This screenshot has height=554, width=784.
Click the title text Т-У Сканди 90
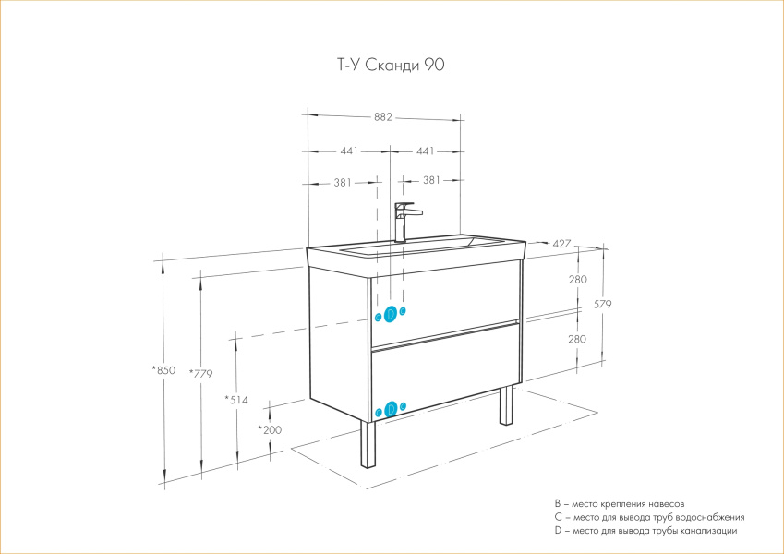tap(391, 65)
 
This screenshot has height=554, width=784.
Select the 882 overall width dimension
tap(383, 117)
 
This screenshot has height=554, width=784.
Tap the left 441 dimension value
tap(349, 151)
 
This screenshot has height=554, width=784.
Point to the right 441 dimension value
tap(426, 151)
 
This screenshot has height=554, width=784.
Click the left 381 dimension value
tap(343, 183)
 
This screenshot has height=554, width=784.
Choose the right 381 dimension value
tap(431, 180)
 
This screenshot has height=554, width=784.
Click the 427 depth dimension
tap(561, 244)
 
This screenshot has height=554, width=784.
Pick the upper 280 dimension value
tap(577, 280)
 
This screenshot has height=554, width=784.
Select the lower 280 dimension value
tap(577, 339)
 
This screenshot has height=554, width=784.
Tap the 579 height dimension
tap(602, 304)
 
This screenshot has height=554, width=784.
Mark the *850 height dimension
tap(164, 370)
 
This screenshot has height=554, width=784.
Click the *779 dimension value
tap(201, 374)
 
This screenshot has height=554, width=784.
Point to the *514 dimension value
tap(236, 400)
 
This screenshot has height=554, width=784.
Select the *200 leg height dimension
tap(270, 430)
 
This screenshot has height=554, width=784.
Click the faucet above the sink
tap(406, 222)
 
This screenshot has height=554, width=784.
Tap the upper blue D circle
tap(391, 314)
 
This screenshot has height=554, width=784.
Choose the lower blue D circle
tap(391, 409)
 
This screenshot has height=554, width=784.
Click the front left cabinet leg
tap(368, 445)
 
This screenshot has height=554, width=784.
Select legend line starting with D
tap(645, 531)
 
